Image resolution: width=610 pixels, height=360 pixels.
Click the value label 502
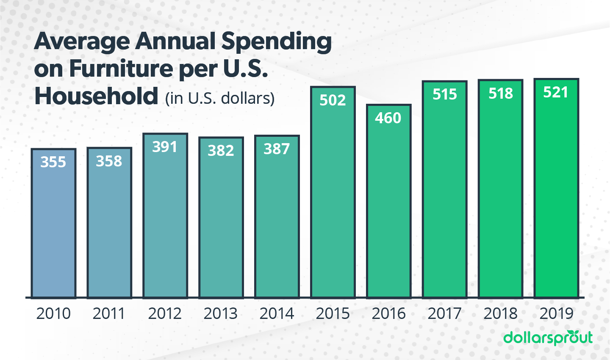coord(333,100)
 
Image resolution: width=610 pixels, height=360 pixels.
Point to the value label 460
coord(388,118)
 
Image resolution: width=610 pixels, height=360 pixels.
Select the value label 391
coord(165,147)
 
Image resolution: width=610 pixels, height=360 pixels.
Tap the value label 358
coord(109,161)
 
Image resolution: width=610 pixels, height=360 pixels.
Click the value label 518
coord(501,93)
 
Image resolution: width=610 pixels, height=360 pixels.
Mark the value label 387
coord(277,149)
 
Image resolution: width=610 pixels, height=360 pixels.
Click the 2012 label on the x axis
coord(165,313)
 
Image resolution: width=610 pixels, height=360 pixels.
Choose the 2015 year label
coord(333,313)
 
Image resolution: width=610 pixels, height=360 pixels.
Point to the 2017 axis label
coord(444,313)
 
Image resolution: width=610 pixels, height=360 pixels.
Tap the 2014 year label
coord(277,313)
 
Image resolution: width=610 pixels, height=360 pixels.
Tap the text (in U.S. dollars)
coord(220,98)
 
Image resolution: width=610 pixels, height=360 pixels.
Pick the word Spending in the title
coord(277,42)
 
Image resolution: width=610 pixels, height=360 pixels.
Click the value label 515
coord(445,94)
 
